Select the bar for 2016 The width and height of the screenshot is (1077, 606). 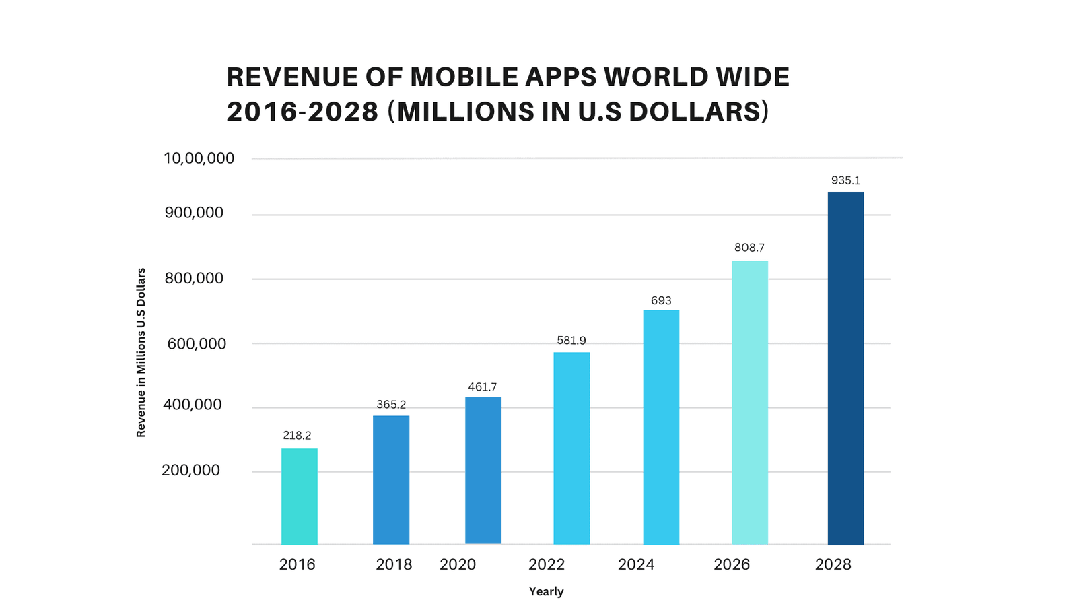(299, 496)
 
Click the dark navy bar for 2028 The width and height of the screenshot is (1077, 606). (845, 368)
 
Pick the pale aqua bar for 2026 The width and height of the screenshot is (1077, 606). (750, 403)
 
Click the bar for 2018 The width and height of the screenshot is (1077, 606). (391, 479)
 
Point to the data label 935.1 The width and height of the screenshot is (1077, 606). (845, 180)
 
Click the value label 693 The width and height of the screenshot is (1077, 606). (661, 300)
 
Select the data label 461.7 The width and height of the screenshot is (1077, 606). (483, 387)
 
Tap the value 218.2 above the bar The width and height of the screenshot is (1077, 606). (297, 436)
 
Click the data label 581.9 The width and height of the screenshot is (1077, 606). (571, 341)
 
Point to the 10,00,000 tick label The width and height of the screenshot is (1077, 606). (199, 158)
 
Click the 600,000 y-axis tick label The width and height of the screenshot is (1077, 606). (197, 344)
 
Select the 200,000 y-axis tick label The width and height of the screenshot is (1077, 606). (190, 470)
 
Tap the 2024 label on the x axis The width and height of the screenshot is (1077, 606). (636, 564)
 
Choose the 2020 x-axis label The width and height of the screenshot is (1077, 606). (458, 564)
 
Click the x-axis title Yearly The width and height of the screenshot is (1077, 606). (546, 592)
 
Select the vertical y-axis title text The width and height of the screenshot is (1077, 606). (141, 353)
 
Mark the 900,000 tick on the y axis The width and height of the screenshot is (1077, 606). (193, 213)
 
